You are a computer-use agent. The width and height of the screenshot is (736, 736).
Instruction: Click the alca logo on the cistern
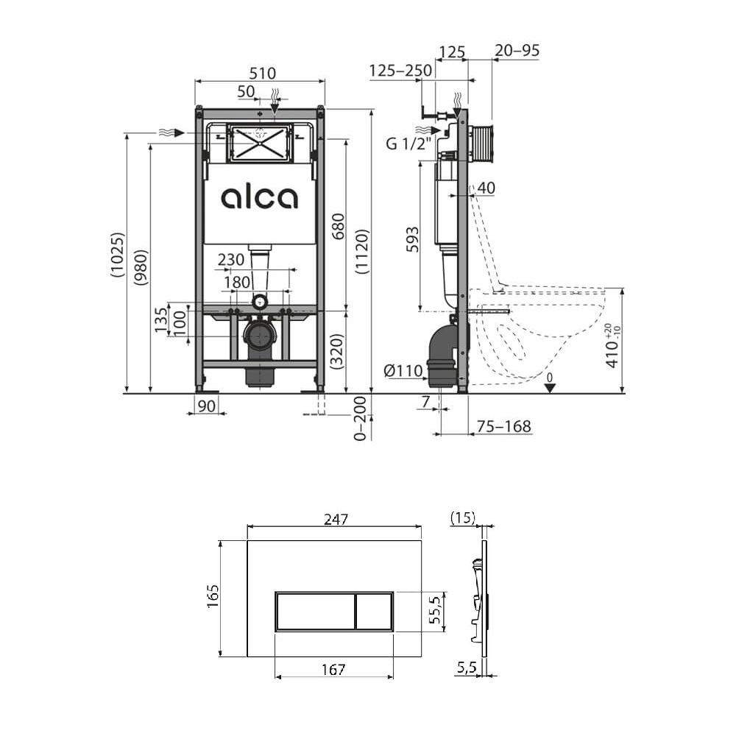[259, 197]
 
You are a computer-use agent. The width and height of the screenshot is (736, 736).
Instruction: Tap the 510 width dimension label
[263, 73]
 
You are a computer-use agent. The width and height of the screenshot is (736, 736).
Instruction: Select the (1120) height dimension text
[361, 252]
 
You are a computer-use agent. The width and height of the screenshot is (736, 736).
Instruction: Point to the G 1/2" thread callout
[408, 144]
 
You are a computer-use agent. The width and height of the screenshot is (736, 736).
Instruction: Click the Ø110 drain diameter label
[403, 371]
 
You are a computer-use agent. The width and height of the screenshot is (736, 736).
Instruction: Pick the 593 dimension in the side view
[411, 239]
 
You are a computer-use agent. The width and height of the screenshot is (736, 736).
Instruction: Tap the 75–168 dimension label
[503, 426]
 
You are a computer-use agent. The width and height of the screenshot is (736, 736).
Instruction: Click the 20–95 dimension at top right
[517, 50]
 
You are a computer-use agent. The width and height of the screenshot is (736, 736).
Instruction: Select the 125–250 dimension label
[400, 71]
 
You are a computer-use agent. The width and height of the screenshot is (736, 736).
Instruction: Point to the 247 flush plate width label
[336, 519]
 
